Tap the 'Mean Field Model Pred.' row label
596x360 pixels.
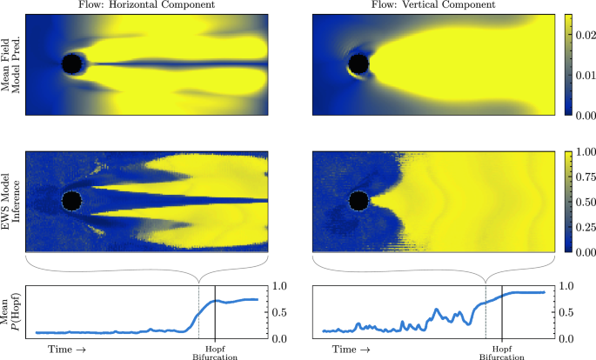(12, 65)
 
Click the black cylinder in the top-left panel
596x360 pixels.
(72, 63)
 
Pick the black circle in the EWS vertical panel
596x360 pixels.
(358, 201)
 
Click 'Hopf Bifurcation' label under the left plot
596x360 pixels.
(215, 352)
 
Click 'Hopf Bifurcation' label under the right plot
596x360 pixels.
(502, 352)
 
